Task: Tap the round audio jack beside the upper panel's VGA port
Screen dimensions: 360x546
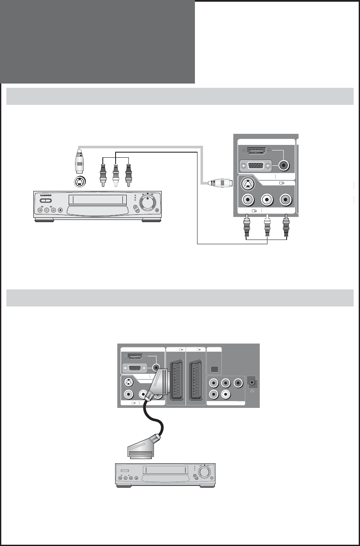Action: coord(284,165)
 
